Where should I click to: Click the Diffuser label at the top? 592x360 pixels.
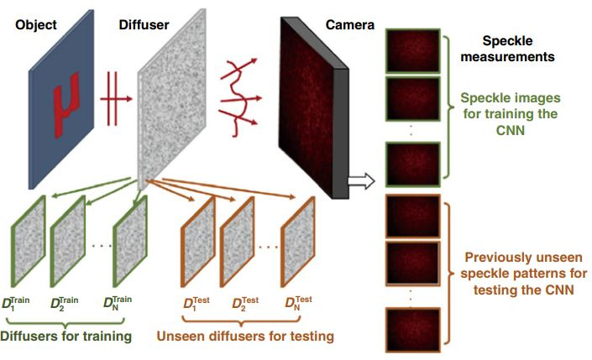point(145,25)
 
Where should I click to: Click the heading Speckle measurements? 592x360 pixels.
point(518,50)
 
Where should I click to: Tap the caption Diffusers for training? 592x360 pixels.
point(66,337)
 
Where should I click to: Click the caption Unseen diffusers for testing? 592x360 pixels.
point(244,337)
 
